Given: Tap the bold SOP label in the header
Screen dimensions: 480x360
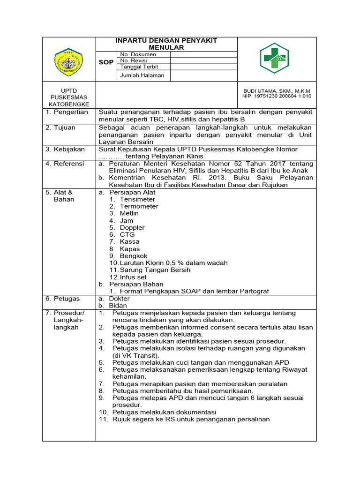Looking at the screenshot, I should click(106, 62).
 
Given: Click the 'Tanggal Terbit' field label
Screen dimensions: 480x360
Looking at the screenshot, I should click(140, 67).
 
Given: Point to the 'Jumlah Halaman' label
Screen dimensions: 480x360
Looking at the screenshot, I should click(142, 75).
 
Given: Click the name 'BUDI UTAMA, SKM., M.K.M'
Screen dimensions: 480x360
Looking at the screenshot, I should click(277, 90).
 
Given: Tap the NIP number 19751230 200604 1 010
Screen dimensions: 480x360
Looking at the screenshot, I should click(277, 96).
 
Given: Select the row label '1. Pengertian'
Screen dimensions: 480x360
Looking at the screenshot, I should click(67, 112).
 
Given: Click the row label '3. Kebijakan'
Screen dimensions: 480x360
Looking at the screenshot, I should click(66, 149).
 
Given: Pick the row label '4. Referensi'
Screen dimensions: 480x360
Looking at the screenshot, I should click(66, 164).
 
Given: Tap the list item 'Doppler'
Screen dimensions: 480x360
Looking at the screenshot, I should click(132, 227).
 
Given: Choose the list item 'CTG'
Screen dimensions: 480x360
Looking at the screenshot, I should click(127, 234).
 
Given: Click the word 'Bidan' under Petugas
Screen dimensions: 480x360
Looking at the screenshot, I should click(118, 306).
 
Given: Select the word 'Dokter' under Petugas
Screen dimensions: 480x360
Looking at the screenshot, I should click(119, 299).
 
